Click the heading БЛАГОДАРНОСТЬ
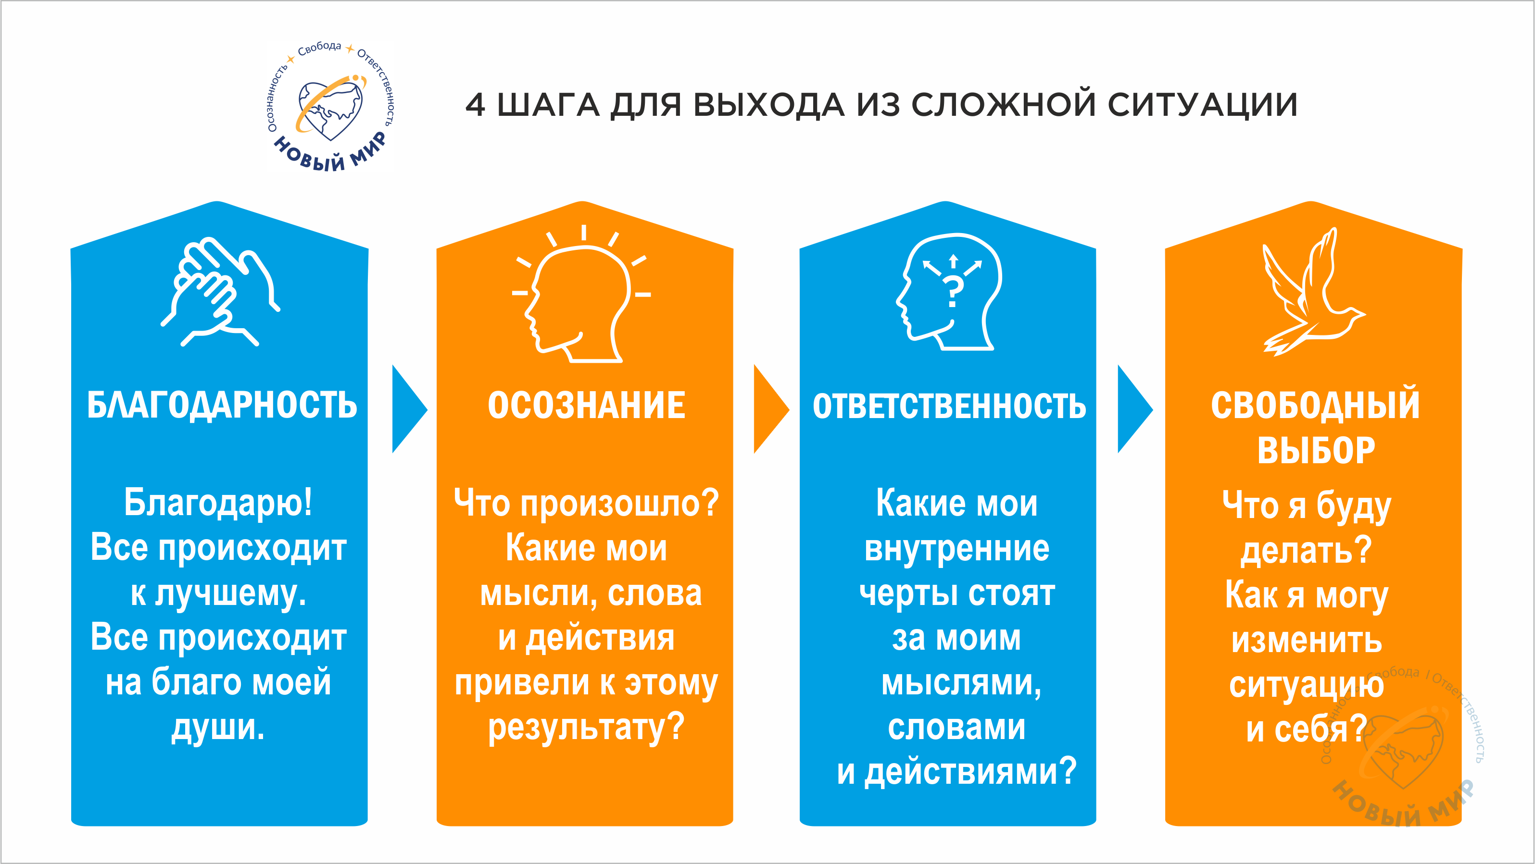222,406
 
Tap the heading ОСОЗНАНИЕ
586,406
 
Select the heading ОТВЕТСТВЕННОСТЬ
949,406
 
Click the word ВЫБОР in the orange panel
1316,450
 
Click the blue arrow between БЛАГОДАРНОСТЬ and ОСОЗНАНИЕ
409,409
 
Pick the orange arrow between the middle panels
771,409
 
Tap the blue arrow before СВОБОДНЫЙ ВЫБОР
1134,409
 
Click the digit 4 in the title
475,105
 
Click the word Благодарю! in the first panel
218,503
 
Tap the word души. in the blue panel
218,728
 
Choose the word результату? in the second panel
586,728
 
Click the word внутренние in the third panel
956,548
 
